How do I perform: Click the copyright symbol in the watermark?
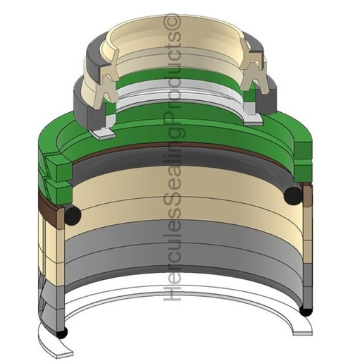click(x=173, y=23)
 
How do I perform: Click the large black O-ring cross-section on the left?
click(x=73, y=214)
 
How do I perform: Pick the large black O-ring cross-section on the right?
click(x=293, y=195)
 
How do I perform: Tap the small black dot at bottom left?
click(x=62, y=333)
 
